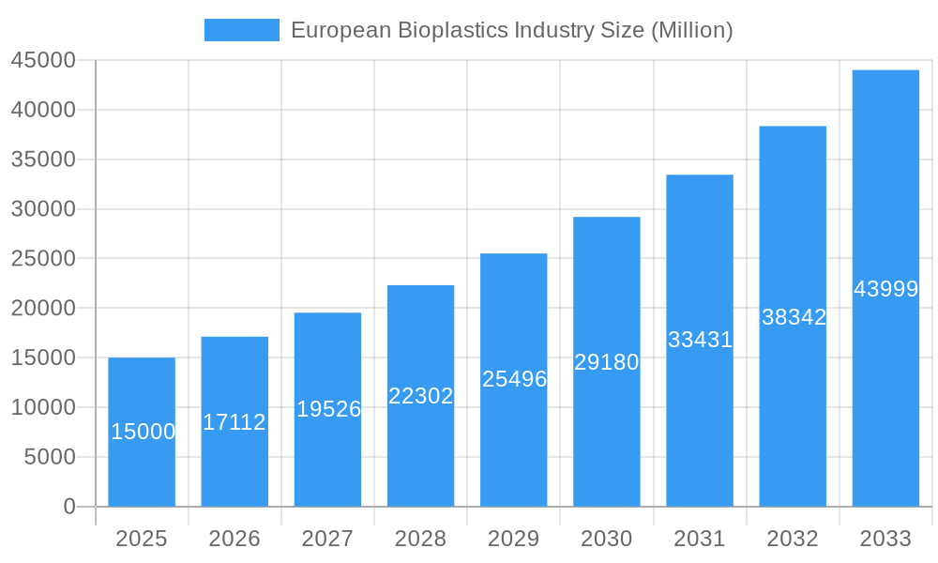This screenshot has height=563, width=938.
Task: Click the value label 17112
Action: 234,422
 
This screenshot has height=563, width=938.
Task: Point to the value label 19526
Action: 328,409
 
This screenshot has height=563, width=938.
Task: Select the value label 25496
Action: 514,379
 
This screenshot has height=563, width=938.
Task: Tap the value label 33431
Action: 700,340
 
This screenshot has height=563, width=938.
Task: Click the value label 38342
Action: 794,317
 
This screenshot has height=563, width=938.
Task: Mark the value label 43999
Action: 885,289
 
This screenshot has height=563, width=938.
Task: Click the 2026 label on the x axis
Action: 234,539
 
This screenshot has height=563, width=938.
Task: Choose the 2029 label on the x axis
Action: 514,539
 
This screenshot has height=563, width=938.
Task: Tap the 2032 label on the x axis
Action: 793,539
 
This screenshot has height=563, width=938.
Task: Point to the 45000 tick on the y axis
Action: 43,61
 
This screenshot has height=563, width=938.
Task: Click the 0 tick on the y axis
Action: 69,507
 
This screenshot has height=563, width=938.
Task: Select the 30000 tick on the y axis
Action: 43,209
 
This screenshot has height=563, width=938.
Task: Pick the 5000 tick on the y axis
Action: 49,457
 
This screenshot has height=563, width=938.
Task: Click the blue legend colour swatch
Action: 242,30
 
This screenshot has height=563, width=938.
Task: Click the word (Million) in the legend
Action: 690,30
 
